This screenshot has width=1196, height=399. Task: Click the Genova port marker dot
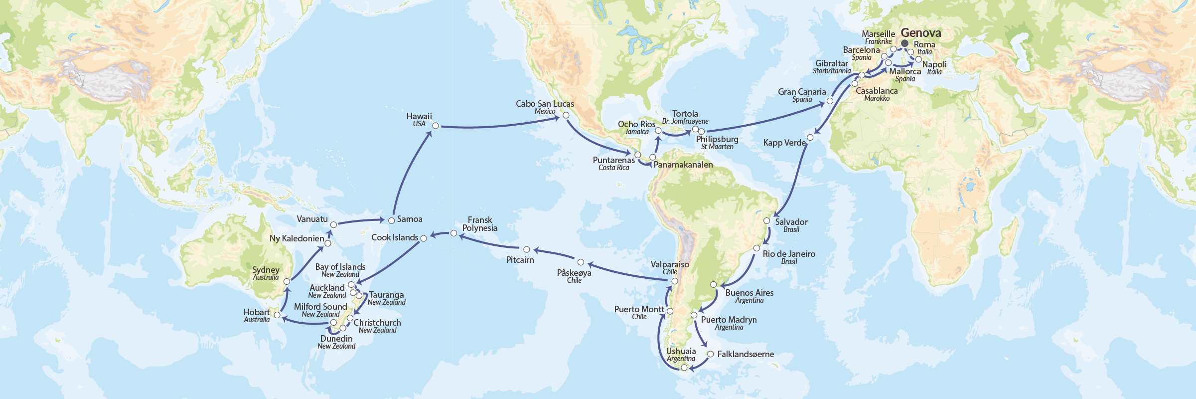(904, 43)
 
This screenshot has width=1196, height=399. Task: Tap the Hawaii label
(419, 117)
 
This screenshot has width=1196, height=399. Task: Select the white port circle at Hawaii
(436, 126)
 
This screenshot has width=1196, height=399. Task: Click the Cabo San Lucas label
(545, 104)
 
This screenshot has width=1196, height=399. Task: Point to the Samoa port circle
(392, 220)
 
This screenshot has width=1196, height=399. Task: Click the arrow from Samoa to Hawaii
(409, 170)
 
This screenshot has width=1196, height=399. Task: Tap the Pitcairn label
(520, 260)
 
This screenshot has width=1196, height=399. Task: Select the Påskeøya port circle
(581, 262)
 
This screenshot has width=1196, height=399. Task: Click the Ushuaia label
(681, 352)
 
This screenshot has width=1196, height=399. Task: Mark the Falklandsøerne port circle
(711, 354)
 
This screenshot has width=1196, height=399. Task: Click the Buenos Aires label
(749, 293)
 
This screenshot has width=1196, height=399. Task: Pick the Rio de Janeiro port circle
(756, 248)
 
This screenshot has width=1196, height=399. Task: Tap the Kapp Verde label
(784, 143)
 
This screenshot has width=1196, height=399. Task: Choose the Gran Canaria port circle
(830, 101)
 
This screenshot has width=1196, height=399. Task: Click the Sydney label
(266, 270)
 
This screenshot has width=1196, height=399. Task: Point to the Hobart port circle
(277, 315)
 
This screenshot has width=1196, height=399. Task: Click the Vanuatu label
(312, 219)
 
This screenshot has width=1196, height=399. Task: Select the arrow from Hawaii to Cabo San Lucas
(498, 125)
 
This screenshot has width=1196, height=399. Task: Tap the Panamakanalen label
(683, 165)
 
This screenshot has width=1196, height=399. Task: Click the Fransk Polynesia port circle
(453, 233)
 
